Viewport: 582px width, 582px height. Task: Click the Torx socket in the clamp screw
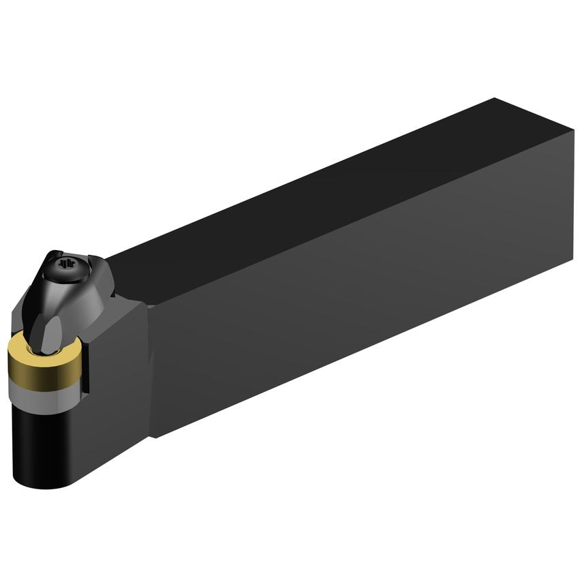click(67, 264)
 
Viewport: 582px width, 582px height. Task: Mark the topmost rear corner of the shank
click(495, 99)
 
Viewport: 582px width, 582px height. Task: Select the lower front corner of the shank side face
click(151, 437)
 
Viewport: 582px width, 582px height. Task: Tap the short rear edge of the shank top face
click(535, 114)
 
